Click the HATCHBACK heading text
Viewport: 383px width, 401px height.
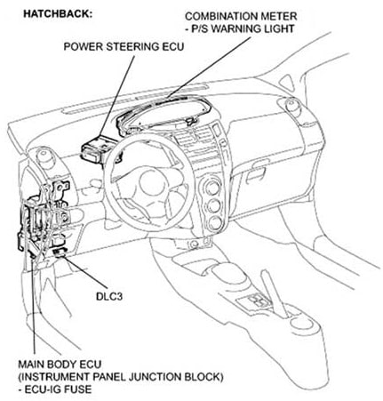coord(58,14)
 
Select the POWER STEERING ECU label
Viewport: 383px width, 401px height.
coord(124,46)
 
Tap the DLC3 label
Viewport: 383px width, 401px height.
coord(109,296)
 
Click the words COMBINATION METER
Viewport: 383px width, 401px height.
coord(241,16)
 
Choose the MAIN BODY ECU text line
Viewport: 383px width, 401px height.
coord(60,364)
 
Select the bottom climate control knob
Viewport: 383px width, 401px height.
coord(215,224)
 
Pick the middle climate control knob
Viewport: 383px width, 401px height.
coord(213,205)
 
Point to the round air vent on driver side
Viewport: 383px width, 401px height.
coord(44,156)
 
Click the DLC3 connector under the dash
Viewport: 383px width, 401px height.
coord(60,253)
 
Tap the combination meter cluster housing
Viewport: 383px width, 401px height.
coord(164,115)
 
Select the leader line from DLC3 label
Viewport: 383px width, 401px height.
coord(84,272)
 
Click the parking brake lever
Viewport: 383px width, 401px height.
coord(274,293)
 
